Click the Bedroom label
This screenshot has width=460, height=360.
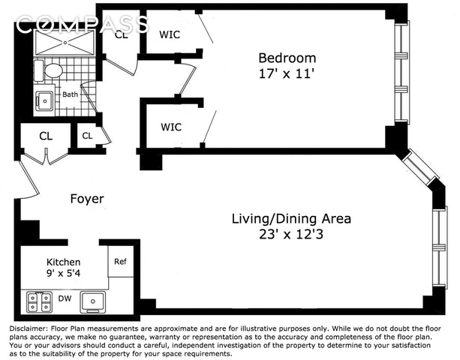click(287, 58)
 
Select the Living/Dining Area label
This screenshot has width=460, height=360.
click(291, 219)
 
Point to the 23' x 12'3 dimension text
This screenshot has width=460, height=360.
click(291, 234)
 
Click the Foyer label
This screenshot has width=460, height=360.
click(87, 199)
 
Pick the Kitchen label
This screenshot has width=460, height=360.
click(63, 262)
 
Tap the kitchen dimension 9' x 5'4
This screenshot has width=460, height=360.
click(63, 274)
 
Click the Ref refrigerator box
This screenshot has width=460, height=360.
click(121, 261)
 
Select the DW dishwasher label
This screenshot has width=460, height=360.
click(65, 298)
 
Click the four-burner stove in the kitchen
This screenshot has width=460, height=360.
click(39, 302)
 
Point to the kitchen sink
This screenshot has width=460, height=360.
click(93, 302)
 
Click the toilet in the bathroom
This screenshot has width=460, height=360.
click(49, 70)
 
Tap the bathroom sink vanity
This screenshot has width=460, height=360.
click(44, 100)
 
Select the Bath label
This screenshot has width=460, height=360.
click(71, 94)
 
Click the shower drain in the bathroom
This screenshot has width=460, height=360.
click(65, 43)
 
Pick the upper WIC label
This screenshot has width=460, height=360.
click(170, 34)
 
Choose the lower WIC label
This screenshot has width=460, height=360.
click(171, 127)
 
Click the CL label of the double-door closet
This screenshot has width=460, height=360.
click(46, 136)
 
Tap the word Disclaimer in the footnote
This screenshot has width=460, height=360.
click(29, 328)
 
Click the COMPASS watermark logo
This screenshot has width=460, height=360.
click(83, 25)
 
